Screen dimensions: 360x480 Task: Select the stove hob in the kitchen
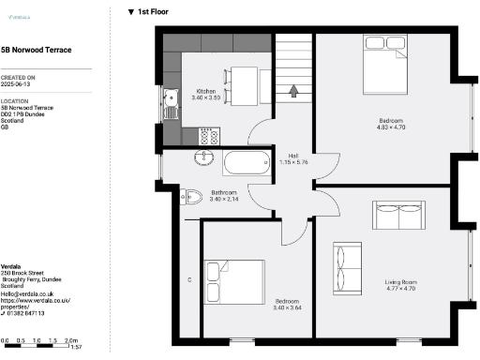[x=206, y=137]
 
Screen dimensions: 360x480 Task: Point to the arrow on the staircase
[x=295, y=92]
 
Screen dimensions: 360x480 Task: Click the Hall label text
[x=293, y=158]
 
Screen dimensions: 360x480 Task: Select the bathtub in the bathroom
[x=247, y=165]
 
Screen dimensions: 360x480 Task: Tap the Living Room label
[x=400, y=285]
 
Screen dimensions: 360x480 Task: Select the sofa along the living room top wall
[x=401, y=216]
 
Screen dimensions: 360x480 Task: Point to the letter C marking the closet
[x=189, y=280]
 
